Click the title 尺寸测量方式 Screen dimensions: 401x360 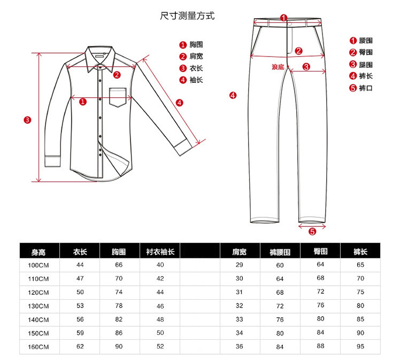click(x=187, y=15)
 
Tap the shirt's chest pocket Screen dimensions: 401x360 click(x=121, y=96)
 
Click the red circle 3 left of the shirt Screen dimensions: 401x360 click(x=27, y=119)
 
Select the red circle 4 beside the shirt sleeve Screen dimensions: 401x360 click(x=179, y=102)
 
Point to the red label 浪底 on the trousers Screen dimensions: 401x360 click(x=278, y=67)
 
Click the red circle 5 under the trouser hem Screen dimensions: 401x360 click(x=312, y=231)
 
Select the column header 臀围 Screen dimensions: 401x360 click(x=320, y=251)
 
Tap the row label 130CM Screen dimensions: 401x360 click(x=38, y=306)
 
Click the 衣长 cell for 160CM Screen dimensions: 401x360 click(x=80, y=347)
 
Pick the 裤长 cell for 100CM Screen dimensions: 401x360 click(x=360, y=265)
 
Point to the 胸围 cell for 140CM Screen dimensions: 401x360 click(x=119, y=319)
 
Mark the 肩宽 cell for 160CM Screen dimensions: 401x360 click(x=239, y=347)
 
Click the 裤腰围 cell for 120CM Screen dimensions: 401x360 click(x=280, y=292)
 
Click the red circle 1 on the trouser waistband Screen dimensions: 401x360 click(x=284, y=18)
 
